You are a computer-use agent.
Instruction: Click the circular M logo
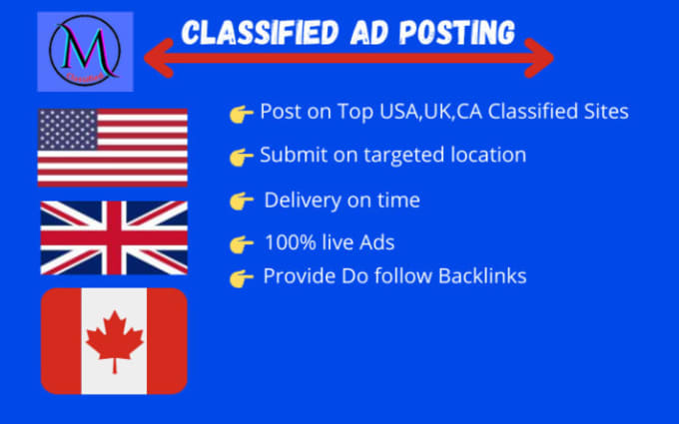click(85, 51)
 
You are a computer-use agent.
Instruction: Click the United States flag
click(112, 147)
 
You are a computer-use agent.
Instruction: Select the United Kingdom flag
click(113, 237)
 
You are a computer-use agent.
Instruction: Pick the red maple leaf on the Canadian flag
click(114, 340)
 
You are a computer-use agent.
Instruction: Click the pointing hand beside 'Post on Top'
click(241, 114)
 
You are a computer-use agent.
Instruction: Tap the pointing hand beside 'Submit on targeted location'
click(241, 157)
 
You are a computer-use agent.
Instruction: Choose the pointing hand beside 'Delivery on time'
click(241, 202)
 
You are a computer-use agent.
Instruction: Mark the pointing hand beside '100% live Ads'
click(241, 244)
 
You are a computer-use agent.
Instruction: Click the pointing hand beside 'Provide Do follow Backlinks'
click(241, 277)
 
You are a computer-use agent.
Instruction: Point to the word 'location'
click(488, 156)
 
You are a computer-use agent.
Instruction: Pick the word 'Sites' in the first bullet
click(604, 112)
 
